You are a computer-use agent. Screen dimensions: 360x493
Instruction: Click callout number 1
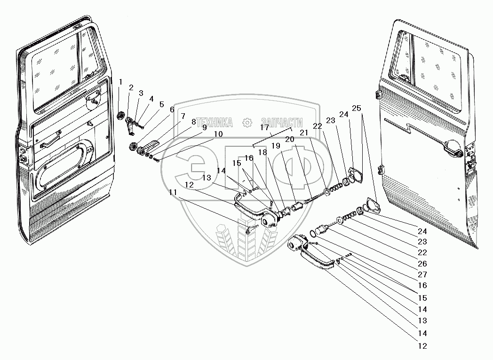click(120, 82)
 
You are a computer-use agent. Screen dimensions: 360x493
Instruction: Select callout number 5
click(161, 104)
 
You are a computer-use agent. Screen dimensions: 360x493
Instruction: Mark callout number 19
click(276, 146)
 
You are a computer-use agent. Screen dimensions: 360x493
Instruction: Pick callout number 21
click(303, 133)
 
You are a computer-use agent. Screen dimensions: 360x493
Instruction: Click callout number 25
click(357, 108)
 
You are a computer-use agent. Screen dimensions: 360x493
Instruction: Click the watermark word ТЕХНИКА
click(215, 123)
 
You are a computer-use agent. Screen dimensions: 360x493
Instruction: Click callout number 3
click(141, 93)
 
